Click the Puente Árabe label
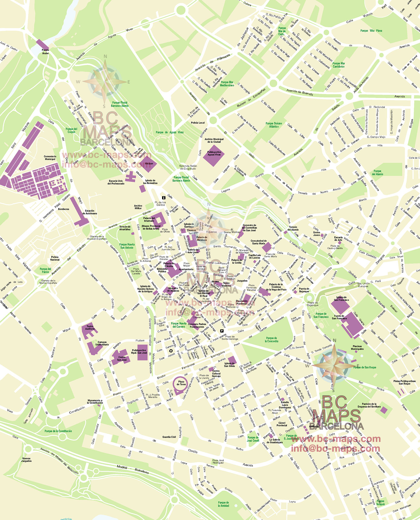coord(45,52)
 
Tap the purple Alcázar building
coord(149,164)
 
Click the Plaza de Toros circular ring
coord(181,383)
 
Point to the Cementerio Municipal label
coord(50,158)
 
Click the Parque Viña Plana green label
coord(371,31)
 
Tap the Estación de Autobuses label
coord(90,212)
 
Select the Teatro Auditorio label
coord(90,327)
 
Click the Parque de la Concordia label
coord(271,340)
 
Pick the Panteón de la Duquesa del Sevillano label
coord(369,405)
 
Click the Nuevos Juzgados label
coord(26,460)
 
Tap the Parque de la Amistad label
coord(223,504)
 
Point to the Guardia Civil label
coord(169,437)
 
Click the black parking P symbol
coord(222,331)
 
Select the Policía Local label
coord(198,123)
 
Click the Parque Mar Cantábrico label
coord(339,65)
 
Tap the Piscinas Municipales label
coord(357,347)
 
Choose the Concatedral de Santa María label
coord(259,242)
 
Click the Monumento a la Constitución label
coord(95,401)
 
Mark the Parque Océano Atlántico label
coord(274,125)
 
